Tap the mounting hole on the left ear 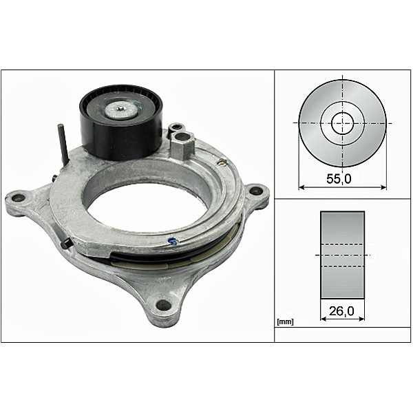click(19, 198)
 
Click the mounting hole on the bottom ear click(163, 305)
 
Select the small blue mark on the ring click(173, 241)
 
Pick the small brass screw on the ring click(222, 162)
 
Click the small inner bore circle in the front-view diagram click(342, 124)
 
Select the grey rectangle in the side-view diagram click(343, 255)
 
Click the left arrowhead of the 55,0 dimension click(301, 186)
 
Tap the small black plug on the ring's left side click(65, 243)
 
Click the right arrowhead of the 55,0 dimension click(384, 186)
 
